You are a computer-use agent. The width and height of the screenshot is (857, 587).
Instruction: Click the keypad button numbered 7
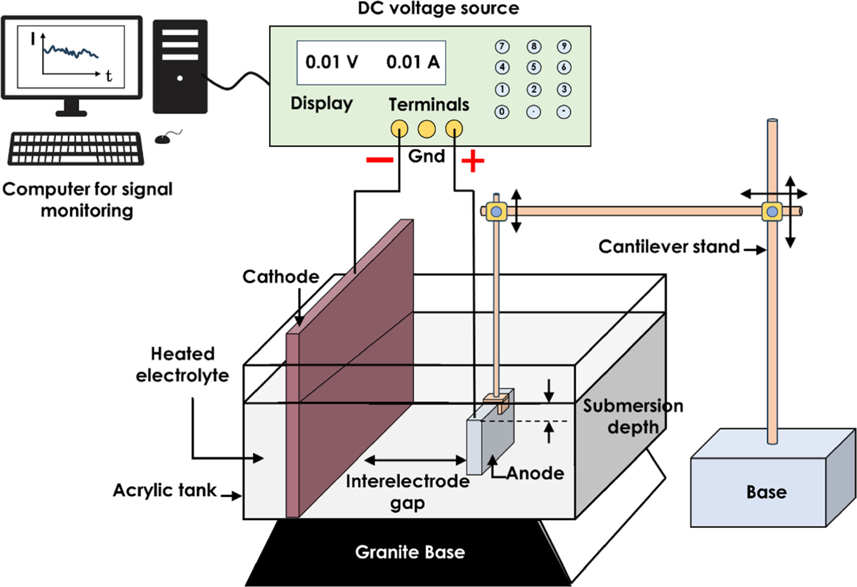click(x=502, y=47)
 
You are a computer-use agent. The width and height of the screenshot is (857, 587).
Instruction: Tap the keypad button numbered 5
click(x=533, y=68)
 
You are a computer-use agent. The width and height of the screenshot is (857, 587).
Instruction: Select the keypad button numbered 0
click(x=502, y=112)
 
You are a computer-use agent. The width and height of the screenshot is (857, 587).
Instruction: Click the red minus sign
click(x=379, y=160)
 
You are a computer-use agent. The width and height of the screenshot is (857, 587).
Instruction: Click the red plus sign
click(x=473, y=161)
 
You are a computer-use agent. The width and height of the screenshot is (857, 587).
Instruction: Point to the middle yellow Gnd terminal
click(x=426, y=129)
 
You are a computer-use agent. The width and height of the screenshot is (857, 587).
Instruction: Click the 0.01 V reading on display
click(x=331, y=62)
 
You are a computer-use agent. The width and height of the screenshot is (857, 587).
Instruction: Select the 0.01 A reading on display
click(x=413, y=62)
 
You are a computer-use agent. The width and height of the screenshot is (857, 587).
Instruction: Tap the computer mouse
click(x=163, y=139)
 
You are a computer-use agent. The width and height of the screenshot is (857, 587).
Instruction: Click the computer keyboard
click(x=76, y=148)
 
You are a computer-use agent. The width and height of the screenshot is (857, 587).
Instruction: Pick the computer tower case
click(x=180, y=67)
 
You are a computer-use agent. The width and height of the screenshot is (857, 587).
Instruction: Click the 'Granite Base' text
click(x=410, y=552)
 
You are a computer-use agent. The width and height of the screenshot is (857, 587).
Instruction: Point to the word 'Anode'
click(x=535, y=473)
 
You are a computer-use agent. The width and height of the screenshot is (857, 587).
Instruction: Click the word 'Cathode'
click(x=280, y=277)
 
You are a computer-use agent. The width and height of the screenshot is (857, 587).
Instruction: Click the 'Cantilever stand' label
click(x=669, y=247)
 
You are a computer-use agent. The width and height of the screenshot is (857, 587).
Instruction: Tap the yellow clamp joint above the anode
click(x=496, y=211)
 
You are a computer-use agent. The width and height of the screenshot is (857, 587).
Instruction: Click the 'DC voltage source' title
click(x=438, y=8)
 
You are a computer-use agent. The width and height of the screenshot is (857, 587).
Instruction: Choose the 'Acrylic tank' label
click(x=165, y=490)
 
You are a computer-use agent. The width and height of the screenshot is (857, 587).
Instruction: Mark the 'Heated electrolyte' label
click(x=182, y=364)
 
